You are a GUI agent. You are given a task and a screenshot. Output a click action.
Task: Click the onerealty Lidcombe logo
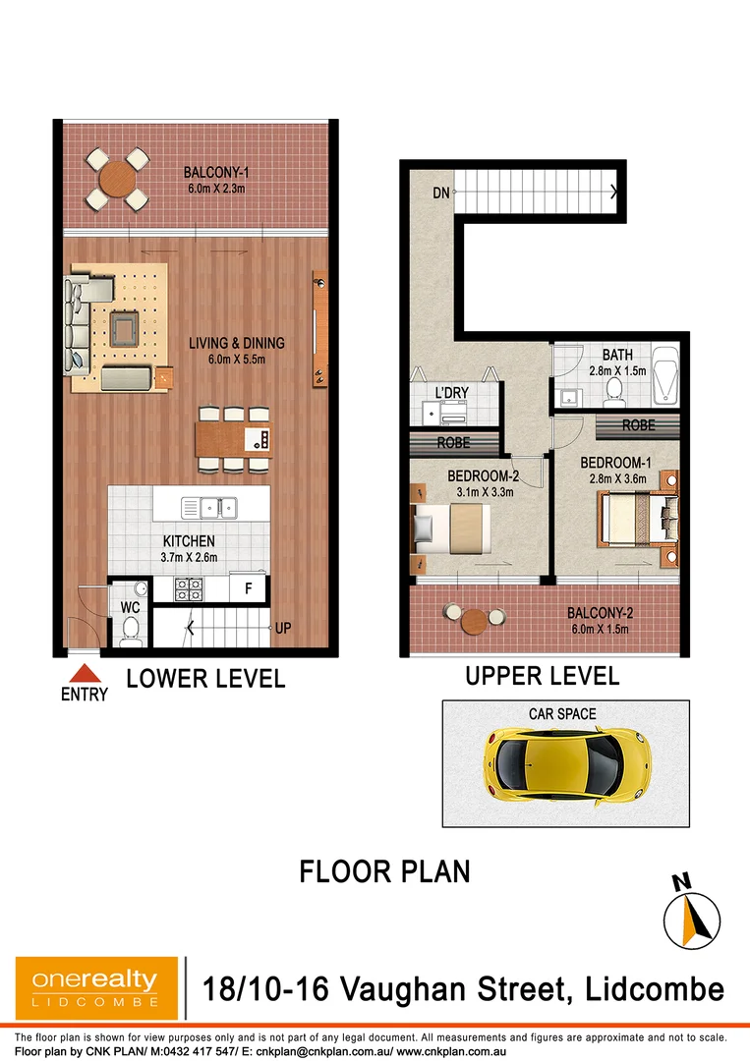point(96,987)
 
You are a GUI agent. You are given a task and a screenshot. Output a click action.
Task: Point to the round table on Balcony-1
point(117,180)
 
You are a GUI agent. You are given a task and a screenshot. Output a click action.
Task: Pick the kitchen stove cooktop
point(189,589)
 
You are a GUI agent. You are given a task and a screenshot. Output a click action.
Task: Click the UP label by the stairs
point(283,629)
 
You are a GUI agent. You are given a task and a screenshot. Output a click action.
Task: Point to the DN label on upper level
point(441,194)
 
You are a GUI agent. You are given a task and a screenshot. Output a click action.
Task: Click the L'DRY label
point(451,393)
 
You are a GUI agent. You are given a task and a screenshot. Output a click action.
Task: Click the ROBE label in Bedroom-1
point(639,427)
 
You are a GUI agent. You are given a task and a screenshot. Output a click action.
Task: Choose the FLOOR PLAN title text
point(384,871)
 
